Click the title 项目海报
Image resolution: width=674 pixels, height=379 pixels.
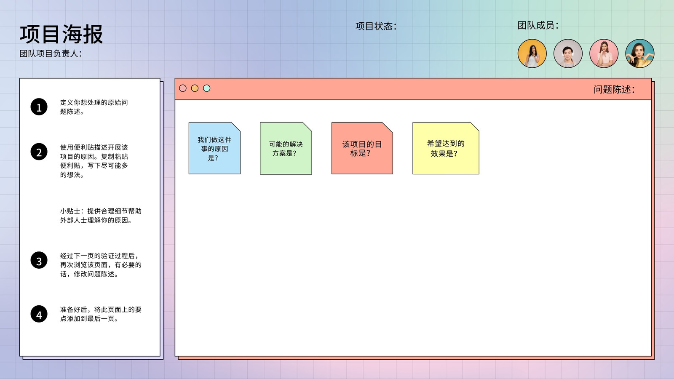[62, 34]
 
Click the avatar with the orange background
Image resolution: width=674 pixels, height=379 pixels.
[532, 53]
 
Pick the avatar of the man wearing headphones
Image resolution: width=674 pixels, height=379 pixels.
[568, 53]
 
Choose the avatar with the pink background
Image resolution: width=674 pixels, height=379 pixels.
[604, 53]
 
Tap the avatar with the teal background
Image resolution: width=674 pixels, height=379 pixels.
[639, 53]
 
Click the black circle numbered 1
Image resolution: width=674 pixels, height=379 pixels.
[39, 107]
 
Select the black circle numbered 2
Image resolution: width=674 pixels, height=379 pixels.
[39, 152]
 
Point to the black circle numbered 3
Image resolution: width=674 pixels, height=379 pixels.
[39, 260]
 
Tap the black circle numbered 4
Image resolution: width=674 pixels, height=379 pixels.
[39, 314]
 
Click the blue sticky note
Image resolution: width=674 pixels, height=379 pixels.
[214, 148]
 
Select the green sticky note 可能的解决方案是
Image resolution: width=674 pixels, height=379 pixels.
[286, 148]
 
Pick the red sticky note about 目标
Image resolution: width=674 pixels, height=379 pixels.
[362, 148]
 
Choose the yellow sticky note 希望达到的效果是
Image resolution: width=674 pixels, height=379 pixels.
[446, 148]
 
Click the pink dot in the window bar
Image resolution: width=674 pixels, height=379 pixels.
[183, 88]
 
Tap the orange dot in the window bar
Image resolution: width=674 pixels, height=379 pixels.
[195, 88]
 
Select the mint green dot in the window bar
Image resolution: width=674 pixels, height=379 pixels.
[207, 88]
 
